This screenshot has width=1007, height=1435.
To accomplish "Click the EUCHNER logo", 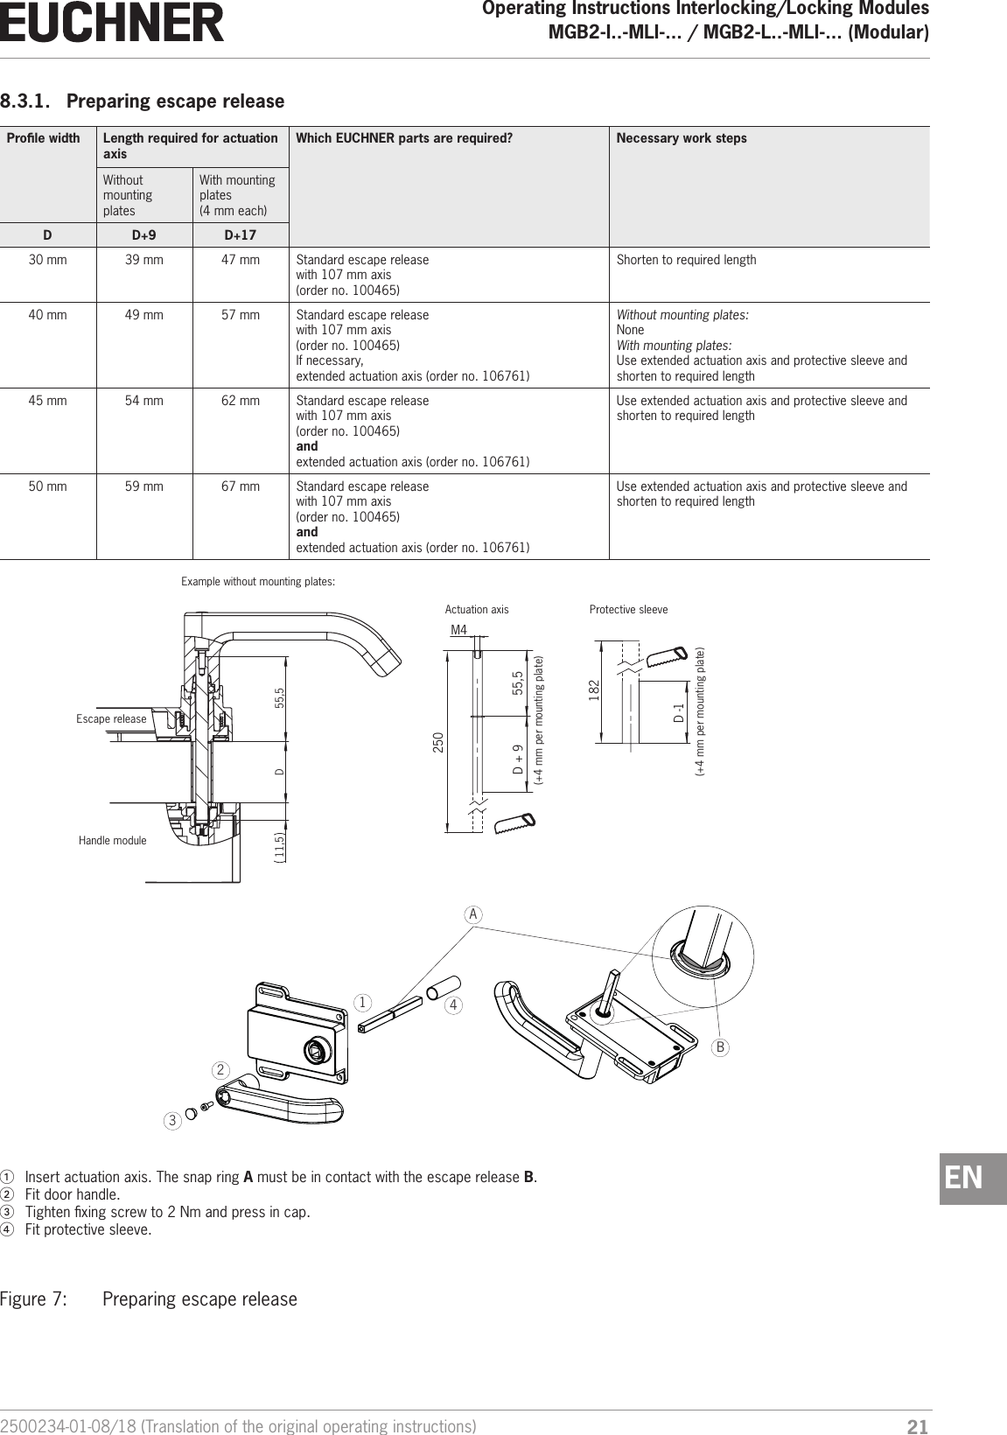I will pyautogui.click(x=112, y=24).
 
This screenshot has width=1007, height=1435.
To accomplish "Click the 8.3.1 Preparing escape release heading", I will pyautogui.click(x=143, y=101).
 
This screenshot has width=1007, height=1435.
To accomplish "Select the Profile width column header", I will pyautogui.click(x=44, y=138).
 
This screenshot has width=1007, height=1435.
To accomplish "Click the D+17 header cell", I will pyautogui.click(x=240, y=235).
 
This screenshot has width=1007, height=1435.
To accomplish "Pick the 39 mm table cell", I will pyautogui.click(x=144, y=260).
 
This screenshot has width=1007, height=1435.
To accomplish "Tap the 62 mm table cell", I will pyautogui.click(x=240, y=401).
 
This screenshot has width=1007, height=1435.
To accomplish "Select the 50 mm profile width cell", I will pyautogui.click(x=48, y=486).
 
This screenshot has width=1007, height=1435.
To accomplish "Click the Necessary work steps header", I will pyautogui.click(x=682, y=138).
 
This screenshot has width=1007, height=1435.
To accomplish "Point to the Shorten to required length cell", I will pyautogui.click(x=686, y=260).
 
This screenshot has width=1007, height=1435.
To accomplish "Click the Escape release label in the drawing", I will pyautogui.click(x=111, y=719).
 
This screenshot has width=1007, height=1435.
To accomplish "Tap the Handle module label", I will pyautogui.click(x=112, y=840).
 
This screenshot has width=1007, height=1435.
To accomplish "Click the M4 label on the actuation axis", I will pyautogui.click(x=458, y=630).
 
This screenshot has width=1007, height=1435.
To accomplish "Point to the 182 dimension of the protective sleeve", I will pyautogui.click(x=594, y=689).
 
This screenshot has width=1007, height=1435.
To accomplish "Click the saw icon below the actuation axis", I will pyautogui.click(x=514, y=823).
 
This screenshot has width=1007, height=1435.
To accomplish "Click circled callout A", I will pyautogui.click(x=473, y=914).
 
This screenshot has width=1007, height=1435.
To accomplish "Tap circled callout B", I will pyautogui.click(x=722, y=1046).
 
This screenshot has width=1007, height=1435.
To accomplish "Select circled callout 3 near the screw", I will pyautogui.click(x=174, y=1120).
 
